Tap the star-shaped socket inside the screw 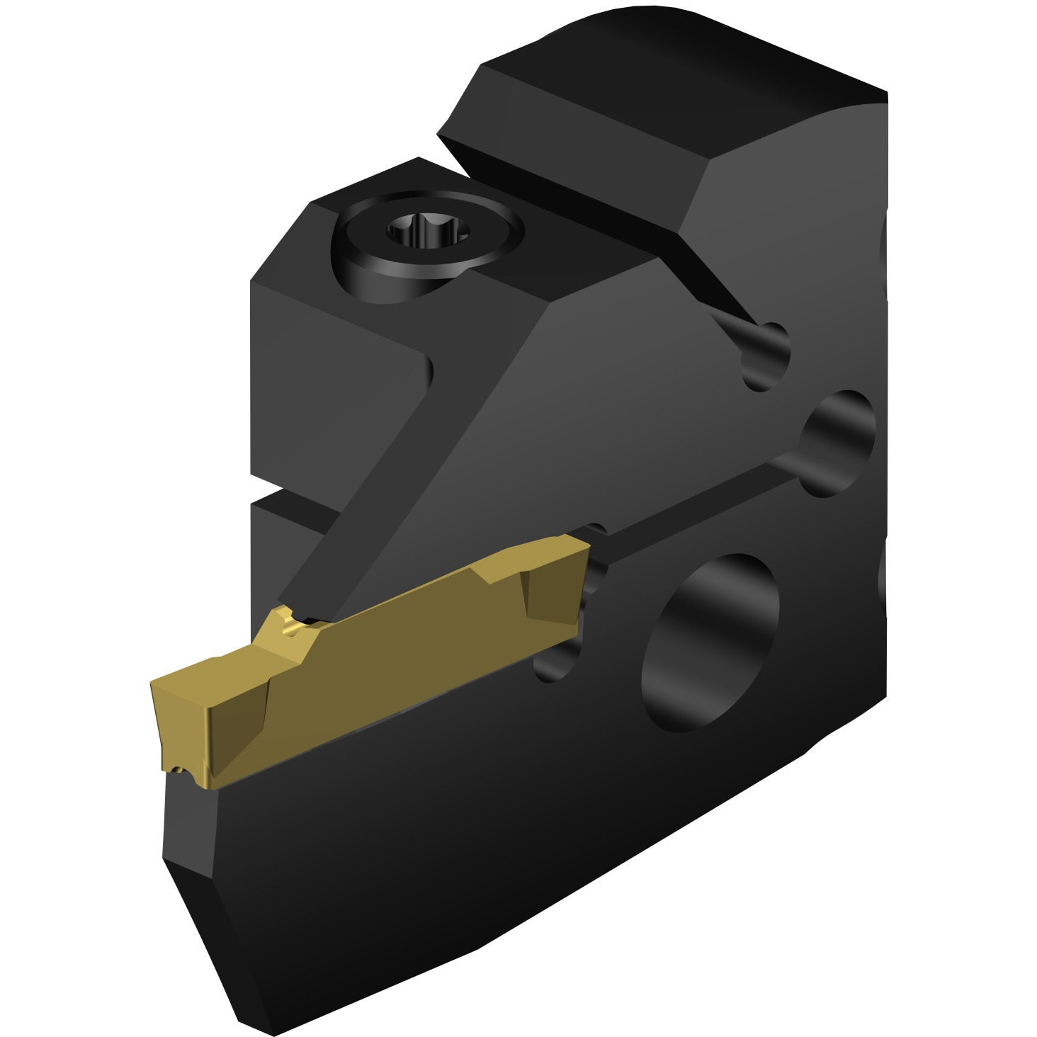coord(427,232)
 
